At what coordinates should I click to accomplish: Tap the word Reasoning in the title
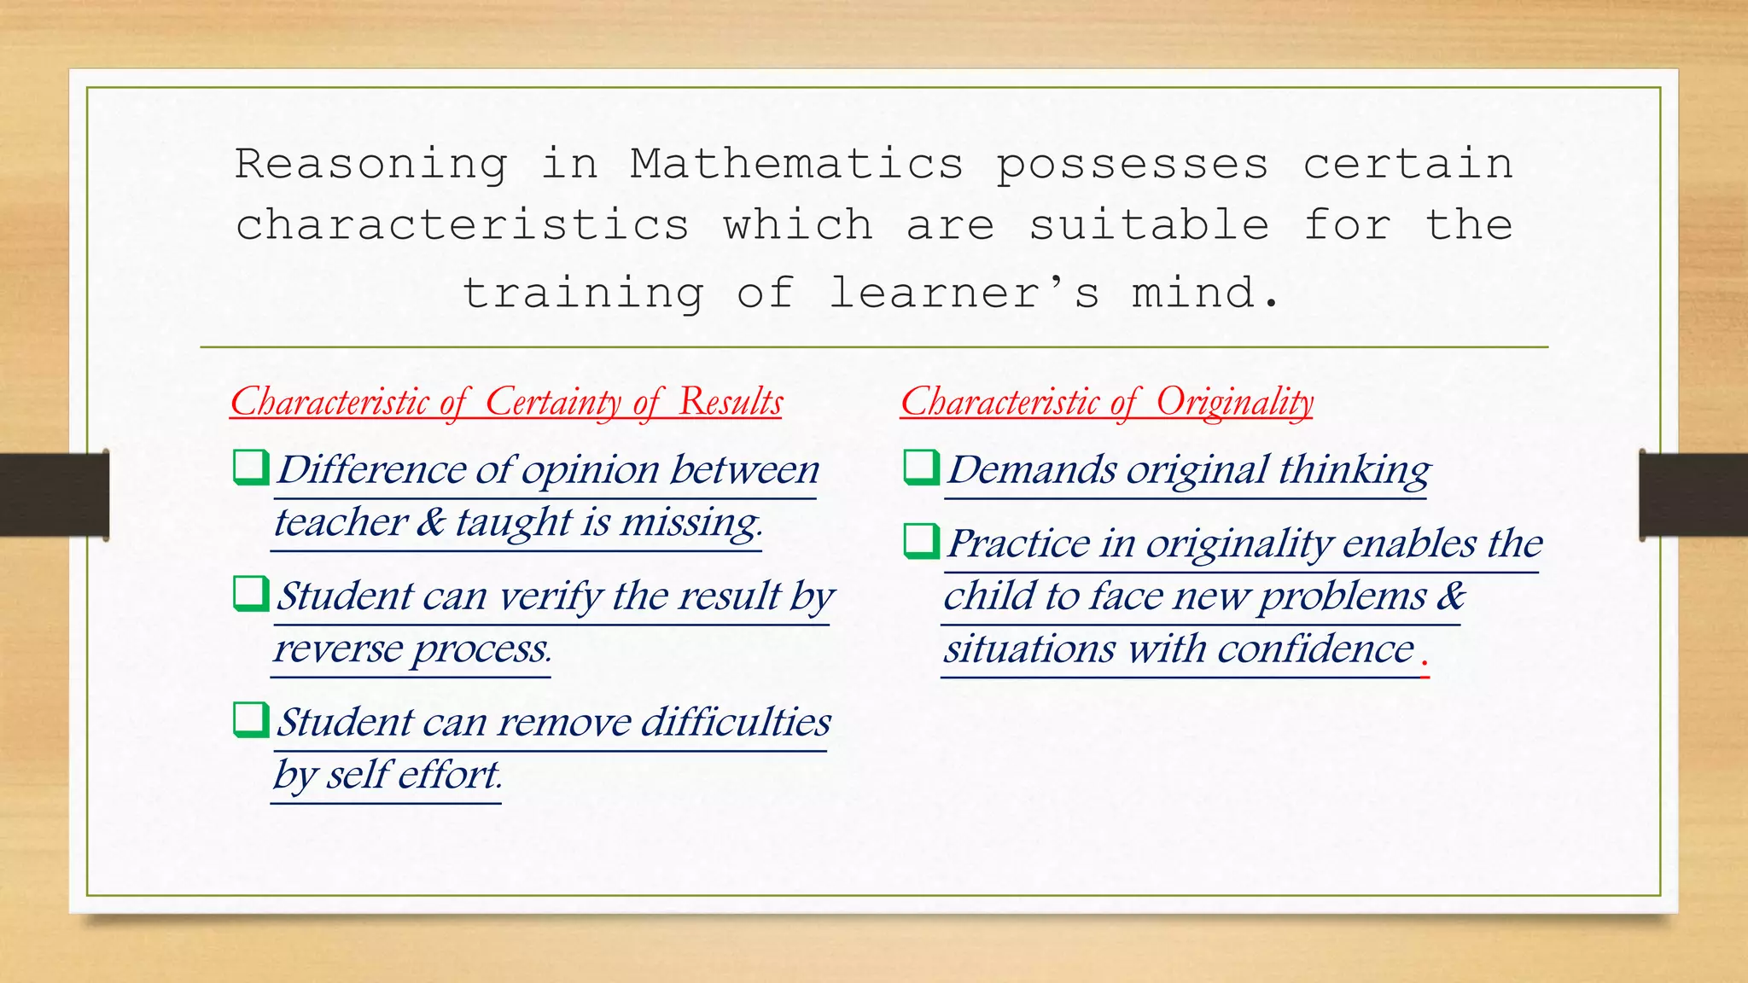tap(371, 165)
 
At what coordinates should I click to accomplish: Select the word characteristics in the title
tap(462, 225)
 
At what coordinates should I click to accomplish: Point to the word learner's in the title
tap(964, 293)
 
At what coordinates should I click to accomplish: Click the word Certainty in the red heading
tap(553, 402)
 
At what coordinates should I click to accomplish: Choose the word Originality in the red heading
tap(1234, 402)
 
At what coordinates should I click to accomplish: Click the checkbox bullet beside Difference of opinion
tap(251, 468)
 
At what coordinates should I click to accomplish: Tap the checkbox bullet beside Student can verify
tap(251, 594)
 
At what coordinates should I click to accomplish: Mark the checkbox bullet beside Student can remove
tap(251, 720)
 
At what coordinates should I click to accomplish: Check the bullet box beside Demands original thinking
tap(921, 468)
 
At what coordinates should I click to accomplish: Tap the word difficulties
tap(736, 722)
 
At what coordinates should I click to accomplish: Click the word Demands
tap(1032, 469)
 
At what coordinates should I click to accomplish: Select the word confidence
tap(1315, 649)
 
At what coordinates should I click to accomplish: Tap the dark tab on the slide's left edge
tap(54, 495)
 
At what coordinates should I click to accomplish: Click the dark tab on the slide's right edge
tap(1693, 495)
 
